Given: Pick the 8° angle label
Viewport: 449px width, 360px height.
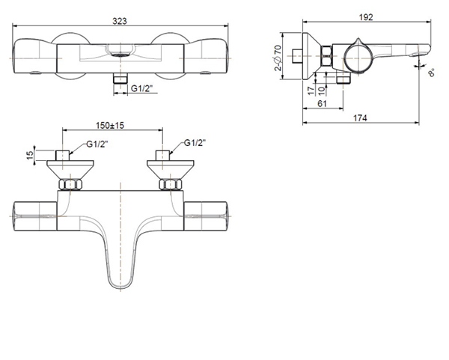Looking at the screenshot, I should click(433, 73).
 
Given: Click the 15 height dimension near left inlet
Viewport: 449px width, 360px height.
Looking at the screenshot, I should click(29, 155).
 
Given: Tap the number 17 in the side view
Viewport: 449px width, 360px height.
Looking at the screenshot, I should click(311, 89).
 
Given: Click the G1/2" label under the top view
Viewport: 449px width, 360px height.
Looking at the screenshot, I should click(143, 88).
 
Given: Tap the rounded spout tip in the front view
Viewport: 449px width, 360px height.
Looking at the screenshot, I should click(119, 283).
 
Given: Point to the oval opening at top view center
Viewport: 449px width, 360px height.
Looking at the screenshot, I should click(119, 54).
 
